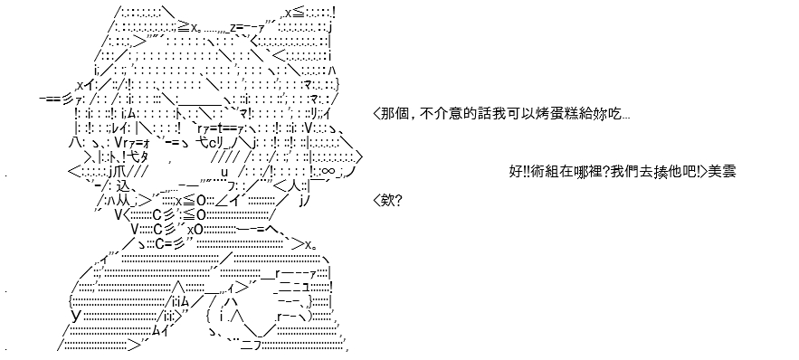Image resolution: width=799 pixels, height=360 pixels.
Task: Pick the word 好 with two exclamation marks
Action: point(518,172)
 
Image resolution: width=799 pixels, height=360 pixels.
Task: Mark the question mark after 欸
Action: point(398,201)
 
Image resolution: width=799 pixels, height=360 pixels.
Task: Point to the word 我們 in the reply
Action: point(611,172)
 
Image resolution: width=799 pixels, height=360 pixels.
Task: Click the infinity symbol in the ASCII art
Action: point(328,172)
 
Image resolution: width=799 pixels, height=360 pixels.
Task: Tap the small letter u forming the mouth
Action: point(224,173)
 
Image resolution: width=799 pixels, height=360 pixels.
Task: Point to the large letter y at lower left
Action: point(76,317)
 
